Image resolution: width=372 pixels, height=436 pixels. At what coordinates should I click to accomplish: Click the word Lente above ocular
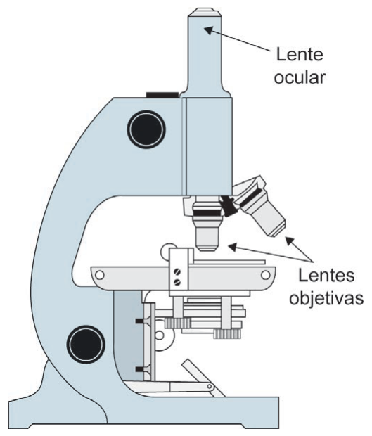[300, 54]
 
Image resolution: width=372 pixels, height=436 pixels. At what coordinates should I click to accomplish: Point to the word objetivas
[326, 298]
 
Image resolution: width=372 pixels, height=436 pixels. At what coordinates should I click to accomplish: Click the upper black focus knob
[146, 129]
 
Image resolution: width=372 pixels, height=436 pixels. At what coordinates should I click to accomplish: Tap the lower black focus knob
[86, 345]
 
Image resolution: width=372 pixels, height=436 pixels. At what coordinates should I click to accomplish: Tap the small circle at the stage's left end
[99, 275]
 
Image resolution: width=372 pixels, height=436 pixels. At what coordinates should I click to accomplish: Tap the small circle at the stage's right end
[266, 275]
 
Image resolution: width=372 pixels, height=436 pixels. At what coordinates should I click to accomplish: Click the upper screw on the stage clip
[177, 271]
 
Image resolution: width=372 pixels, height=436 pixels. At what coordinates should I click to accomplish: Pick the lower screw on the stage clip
[177, 282]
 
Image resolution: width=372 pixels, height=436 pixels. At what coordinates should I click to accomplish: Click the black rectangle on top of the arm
[162, 95]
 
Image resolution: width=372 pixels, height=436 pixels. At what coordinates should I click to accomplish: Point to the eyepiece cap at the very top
[205, 13]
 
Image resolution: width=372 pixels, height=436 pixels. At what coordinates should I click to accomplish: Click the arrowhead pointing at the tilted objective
[290, 241]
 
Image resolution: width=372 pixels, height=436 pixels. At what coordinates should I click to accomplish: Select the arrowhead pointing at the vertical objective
[233, 247]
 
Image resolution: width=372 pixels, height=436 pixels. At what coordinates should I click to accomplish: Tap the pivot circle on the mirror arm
[210, 387]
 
